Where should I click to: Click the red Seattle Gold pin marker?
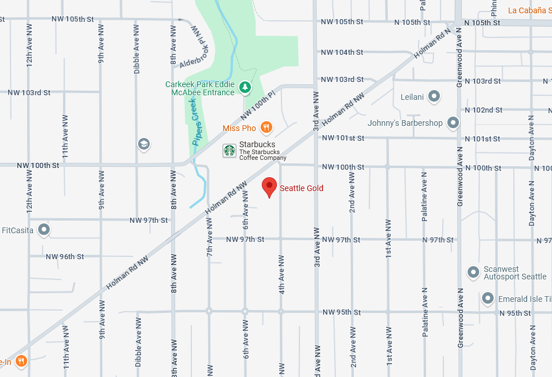click(269, 186)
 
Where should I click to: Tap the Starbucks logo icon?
click(229, 151)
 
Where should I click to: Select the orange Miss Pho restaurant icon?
click(266, 127)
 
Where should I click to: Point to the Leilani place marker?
click(434, 96)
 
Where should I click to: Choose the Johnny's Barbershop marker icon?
click(453, 122)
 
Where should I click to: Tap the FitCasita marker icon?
click(44, 229)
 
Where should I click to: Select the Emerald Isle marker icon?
click(488, 298)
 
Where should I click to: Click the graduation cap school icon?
click(144, 144)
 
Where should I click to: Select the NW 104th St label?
click(342, 52)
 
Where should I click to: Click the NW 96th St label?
click(65, 256)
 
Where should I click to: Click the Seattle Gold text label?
click(301, 188)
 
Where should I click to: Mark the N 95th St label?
click(515, 313)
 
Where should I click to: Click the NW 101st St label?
click(343, 138)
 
